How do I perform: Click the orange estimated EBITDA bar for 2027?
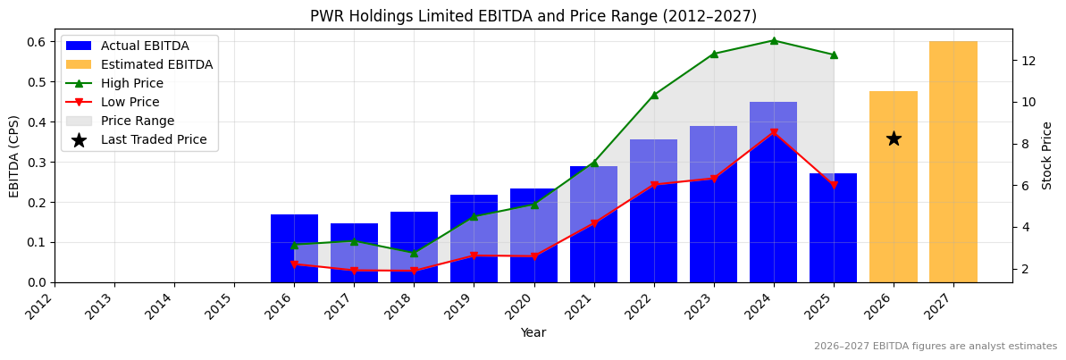click(953, 162)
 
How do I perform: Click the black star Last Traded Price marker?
click(893, 138)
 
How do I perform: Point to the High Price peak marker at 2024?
click(774, 40)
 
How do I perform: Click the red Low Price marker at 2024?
click(774, 133)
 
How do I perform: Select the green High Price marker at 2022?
click(654, 95)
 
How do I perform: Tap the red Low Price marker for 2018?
click(414, 271)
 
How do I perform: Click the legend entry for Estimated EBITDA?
click(156, 64)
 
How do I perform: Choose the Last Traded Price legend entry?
click(153, 139)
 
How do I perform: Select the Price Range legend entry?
click(137, 121)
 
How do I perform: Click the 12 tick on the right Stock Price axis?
click(1028, 61)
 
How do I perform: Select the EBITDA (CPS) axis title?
click(14, 155)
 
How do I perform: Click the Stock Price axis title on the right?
click(1047, 155)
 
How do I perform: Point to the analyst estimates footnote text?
click(935, 347)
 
